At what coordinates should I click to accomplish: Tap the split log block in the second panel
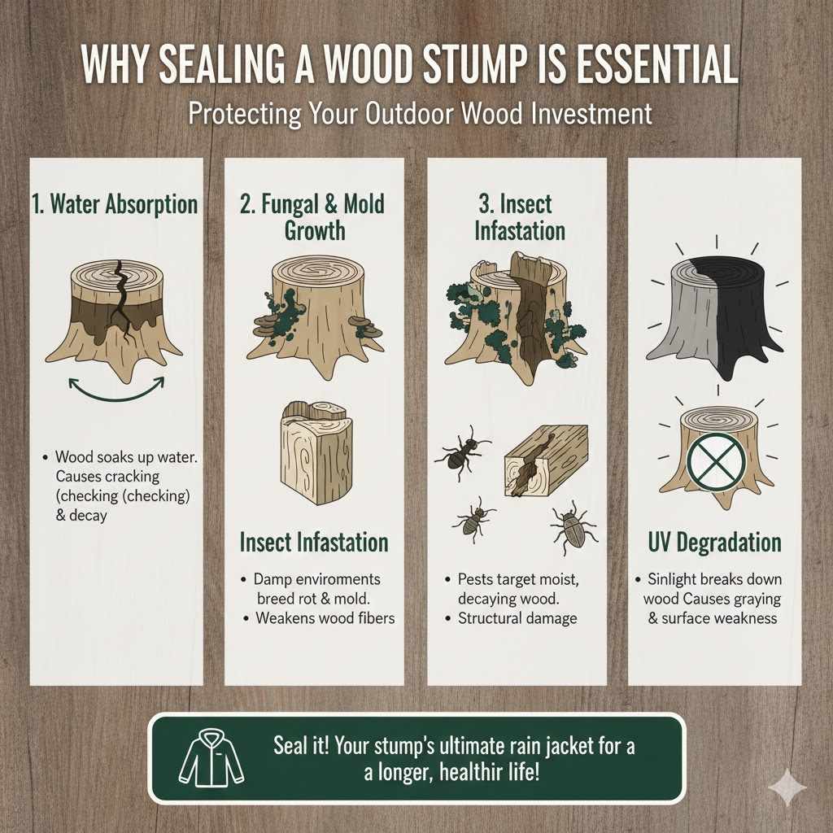(314, 447)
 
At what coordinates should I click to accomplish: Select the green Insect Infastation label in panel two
(314, 542)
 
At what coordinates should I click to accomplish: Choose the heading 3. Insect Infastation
(517, 216)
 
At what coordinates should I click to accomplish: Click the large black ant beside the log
(463, 453)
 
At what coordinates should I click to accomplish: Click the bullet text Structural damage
(517, 618)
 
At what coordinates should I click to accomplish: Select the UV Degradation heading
(715, 543)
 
